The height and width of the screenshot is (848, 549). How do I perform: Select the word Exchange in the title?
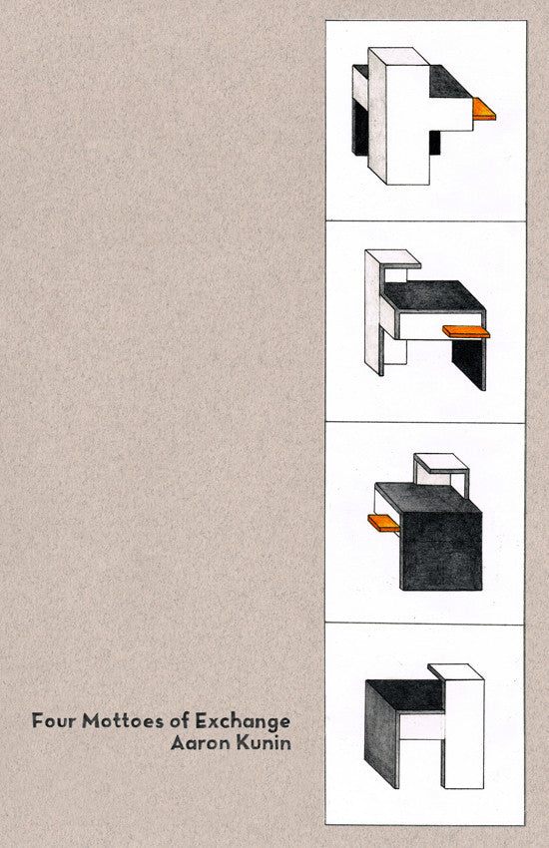tap(243, 721)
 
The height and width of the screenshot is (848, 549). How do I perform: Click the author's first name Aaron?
tap(200, 743)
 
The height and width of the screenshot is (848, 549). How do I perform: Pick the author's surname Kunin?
tap(264, 743)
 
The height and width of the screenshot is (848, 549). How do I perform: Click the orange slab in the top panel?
tap(483, 109)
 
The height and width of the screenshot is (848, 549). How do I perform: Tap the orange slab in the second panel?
tap(466, 331)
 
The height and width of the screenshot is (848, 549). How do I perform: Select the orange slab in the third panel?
tap(383, 523)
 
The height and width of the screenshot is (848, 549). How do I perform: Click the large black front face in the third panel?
tap(441, 550)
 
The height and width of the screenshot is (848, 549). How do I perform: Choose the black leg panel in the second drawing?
tap(468, 364)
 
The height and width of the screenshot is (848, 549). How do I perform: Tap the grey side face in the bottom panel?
tap(382, 733)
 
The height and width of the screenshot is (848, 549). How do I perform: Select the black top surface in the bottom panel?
tap(406, 694)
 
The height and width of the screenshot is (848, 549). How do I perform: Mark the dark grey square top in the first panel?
tap(450, 82)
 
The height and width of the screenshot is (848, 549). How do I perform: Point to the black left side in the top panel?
tap(359, 127)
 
